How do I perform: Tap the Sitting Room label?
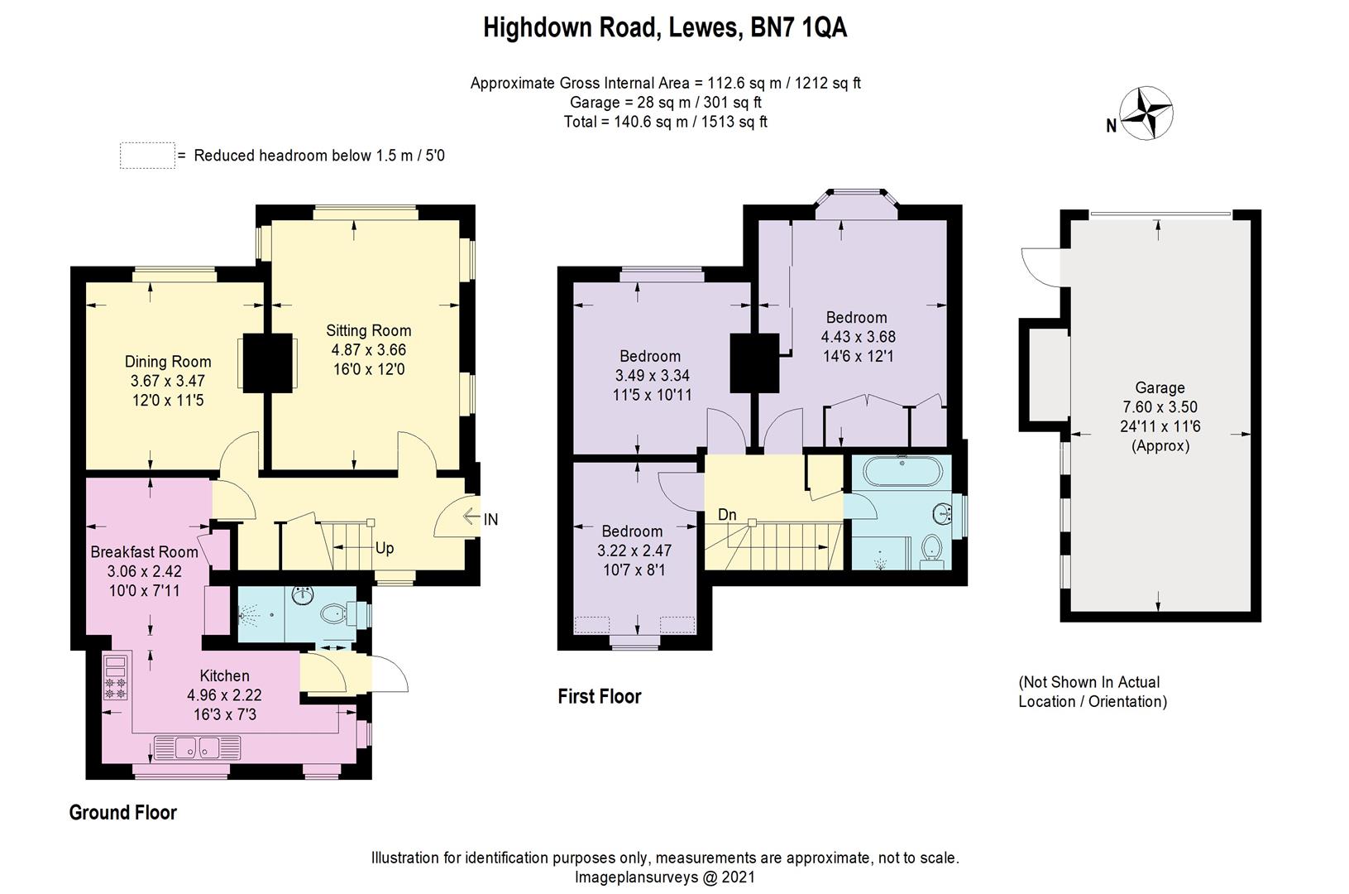pyautogui.click(x=368, y=330)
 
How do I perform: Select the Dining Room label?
pyautogui.click(x=168, y=362)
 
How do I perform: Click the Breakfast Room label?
pyautogui.click(x=145, y=551)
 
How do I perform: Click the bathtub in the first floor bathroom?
pyautogui.click(x=902, y=473)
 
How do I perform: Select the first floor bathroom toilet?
pyautogui.click(x=931, y=547)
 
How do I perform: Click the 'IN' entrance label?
pyautogui.click(x=490, y=520)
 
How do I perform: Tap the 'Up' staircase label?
pyautogui.click(x=385, y=548)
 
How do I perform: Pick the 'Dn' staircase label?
pyautogui.click(x=727, y=515)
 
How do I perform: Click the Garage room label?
pyautogui.click(x=1160, y=387)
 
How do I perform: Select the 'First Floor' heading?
pyautogui.click(x=600, y=696)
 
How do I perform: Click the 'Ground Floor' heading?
pyautogui.click(x=122, y=812)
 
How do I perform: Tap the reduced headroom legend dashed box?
pyautogui.click(x=147, y=156)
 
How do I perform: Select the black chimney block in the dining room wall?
pyautogui.click(x=268, y=362)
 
